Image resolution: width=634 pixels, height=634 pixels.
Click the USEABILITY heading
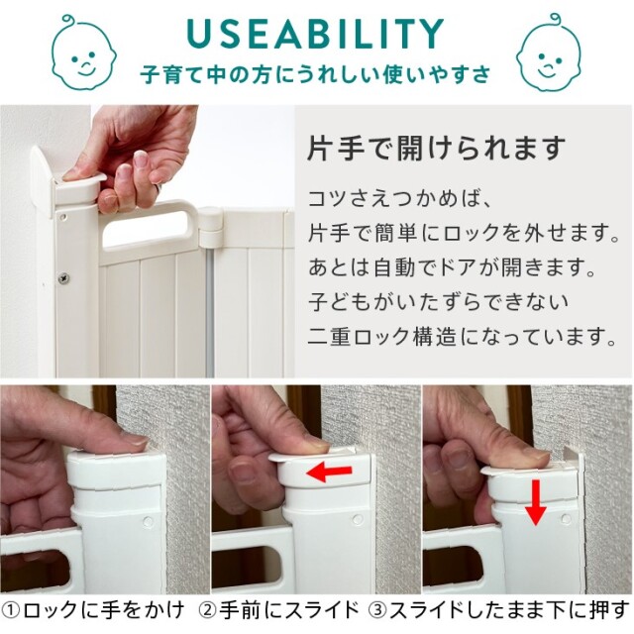(x=315, y=33)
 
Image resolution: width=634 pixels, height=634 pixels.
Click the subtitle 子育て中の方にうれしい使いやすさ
(x=315, y=74)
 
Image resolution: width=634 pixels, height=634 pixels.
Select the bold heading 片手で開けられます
(x=436, y=149)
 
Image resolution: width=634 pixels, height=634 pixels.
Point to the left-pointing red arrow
(x=329, y=472)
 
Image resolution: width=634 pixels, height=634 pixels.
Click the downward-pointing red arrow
(x=535, y=502)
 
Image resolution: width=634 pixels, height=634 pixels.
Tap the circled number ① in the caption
(x=11, y=610)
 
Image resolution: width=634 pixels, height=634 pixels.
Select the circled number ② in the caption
(x=208, y=610)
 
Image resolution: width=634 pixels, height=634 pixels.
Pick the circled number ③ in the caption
(x=378, y=610)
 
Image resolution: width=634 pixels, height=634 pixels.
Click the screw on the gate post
(x=63, y=278)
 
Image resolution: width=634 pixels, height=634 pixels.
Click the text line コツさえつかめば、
(x=399, y=199)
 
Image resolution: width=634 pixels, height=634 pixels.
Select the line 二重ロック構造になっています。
(x=463, y=337)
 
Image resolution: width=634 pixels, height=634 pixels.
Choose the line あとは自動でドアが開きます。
(x=452, y=267)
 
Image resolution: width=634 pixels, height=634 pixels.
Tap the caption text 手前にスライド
(x=288, y=610)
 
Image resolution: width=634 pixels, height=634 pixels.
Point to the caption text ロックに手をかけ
(x=103, y=610)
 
